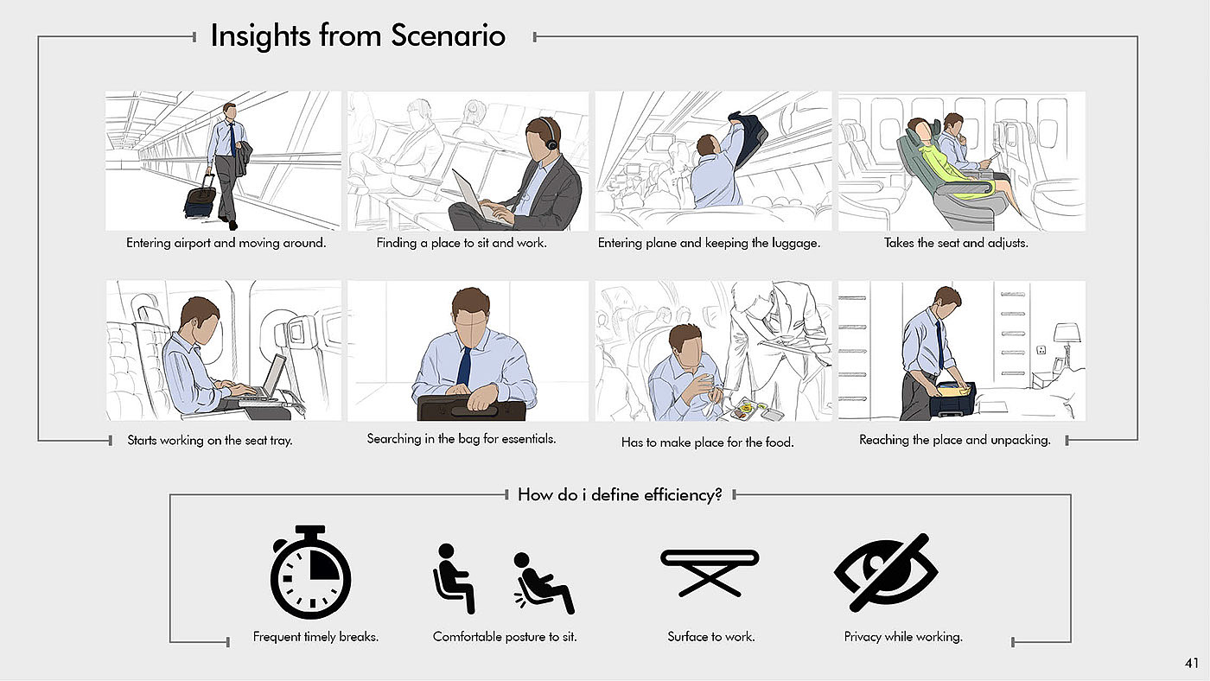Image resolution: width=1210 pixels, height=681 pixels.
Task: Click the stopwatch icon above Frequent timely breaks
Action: tap(310, 572)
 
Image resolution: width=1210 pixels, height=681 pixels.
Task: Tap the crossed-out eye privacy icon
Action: tap(886, 572)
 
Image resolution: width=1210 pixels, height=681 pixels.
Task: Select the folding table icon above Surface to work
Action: tap(710, 572)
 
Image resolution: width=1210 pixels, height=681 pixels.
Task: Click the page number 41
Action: tap(1192, 663)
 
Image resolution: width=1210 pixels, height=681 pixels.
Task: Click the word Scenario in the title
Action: tap(448, 35)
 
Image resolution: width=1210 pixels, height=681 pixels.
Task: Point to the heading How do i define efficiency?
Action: tap(620, 494)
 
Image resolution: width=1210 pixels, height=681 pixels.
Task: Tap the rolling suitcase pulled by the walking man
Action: tap(201, 198)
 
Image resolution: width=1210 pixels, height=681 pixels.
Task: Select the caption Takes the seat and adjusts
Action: tap(956, 243)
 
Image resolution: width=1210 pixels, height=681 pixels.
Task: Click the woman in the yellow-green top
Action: tap(951, 162)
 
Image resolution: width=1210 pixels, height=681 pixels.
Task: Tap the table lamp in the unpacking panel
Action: tap(1066, 346)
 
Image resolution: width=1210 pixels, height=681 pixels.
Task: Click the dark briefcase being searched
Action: tap(472, 407)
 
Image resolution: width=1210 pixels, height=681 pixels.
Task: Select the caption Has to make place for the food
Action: tap(708, 442)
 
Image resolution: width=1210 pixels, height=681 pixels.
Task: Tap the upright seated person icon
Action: tap(455, 578)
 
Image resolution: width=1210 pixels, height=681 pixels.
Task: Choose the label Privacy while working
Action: tap(903, 637)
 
